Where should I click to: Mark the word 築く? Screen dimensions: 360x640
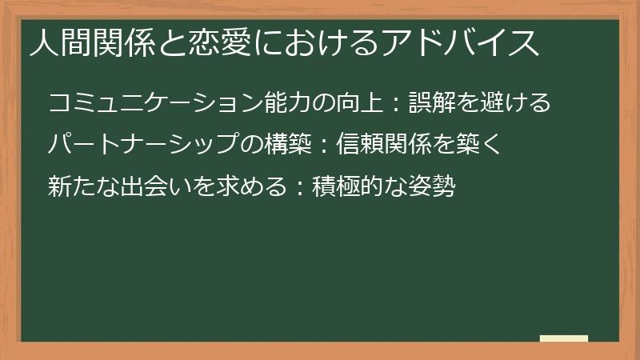point(478,146)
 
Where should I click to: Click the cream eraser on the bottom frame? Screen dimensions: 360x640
point(564,339)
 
